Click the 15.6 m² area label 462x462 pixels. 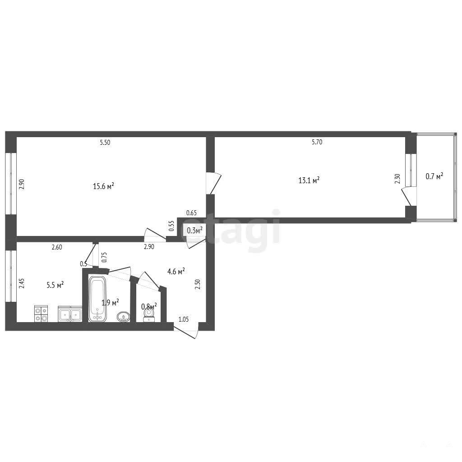click(x=103, y=186)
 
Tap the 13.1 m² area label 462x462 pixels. click(x=309, y=180)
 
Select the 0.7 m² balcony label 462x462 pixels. click(x=434, y=176)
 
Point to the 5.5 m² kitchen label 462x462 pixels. click(x=55, y=285)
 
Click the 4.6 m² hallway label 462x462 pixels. click(x=176, y=271)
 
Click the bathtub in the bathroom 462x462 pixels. click(x=97, y=299)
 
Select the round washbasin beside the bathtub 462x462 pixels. click(x=123, y=317)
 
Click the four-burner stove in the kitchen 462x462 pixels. click(x=41, y=314)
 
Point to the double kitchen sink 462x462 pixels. click(x=70, y=314)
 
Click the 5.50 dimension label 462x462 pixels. click(x=105, y=143)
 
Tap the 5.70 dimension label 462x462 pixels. click(x=317, y=142)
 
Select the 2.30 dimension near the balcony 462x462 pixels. click(x=397, y=179)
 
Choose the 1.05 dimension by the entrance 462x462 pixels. click(x=184, y=319)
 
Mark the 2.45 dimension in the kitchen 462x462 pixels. click(x=22, y=283)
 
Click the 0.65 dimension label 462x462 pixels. click(x=191, y=213)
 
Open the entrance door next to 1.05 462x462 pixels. click(x=185, y=332)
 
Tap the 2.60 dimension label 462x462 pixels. click(x=57, y=247)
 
